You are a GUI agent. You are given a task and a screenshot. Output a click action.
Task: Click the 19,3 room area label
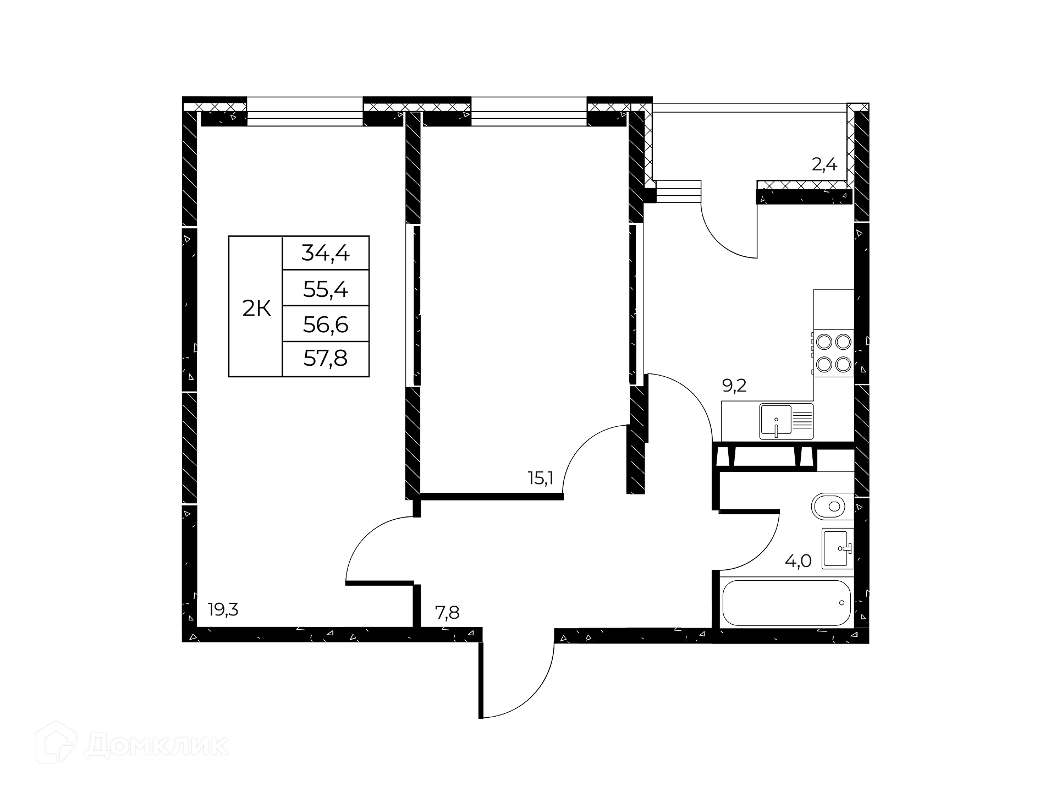click(223, 610)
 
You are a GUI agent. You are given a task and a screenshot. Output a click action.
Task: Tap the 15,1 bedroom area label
click(540, 478)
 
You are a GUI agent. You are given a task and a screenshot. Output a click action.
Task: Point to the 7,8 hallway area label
click(447, 612)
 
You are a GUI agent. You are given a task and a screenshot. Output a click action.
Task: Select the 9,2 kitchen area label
click(734, 386)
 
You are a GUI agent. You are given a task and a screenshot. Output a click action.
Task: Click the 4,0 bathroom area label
click(798, 561)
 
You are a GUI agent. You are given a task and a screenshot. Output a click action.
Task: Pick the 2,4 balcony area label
click(824, 164)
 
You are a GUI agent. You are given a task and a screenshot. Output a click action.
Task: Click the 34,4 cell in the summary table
click(326, 253)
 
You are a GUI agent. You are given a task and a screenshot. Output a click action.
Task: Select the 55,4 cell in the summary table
click(326, 288)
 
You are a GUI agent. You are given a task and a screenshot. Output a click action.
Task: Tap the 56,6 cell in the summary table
click(326, 324)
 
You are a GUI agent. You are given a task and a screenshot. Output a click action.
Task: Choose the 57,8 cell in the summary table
click(326, 359)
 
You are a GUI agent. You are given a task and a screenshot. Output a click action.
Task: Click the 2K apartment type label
click(256, 309)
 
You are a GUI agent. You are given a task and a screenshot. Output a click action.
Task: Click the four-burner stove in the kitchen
click(834, 353)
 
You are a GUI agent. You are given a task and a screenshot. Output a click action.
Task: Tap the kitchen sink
click(787, 422)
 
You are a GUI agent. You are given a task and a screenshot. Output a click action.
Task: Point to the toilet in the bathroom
click(833, 507)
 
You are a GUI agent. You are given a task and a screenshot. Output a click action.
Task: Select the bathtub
click(787, 602)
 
